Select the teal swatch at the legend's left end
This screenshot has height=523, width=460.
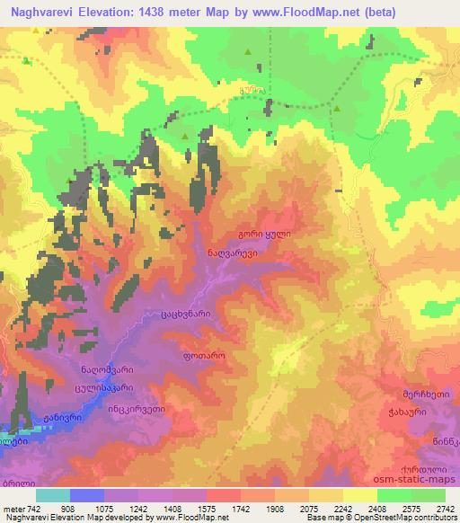coord(54,495)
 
